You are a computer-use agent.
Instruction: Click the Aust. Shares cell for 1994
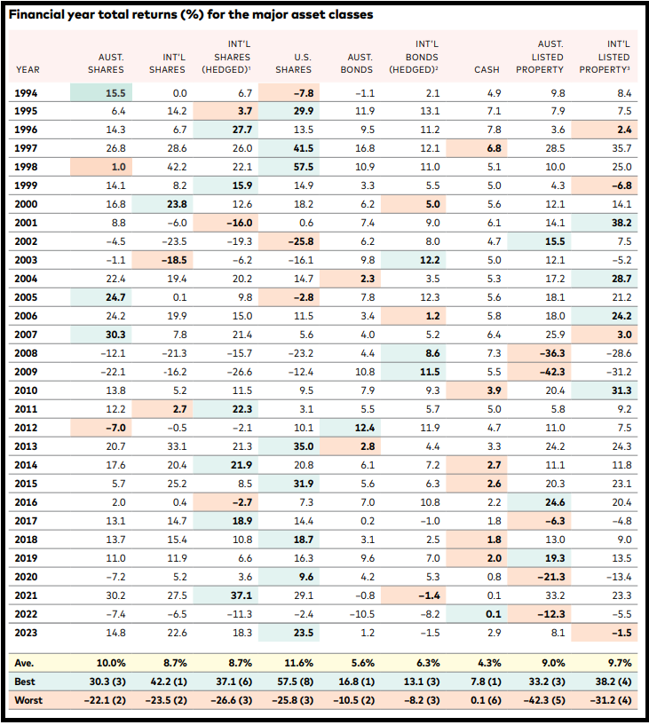[115, 93]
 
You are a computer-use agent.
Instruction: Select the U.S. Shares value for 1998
[304, 167]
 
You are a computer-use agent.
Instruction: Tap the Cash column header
[487, 70]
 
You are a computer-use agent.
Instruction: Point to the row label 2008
[26, 353]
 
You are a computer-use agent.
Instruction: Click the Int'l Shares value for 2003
[174, 260]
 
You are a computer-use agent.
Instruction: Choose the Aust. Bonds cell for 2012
[365, 428]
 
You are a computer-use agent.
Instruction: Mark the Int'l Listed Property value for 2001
[621, 223]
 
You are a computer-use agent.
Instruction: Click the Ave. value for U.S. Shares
[298, 663]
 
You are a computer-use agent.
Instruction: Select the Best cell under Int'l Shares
[168, 682]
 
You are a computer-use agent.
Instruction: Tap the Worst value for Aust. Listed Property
[544, 700]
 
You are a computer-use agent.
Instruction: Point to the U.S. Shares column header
[294, 63]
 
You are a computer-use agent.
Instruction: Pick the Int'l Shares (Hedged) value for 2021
[241, 595]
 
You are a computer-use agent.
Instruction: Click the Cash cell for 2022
[494, 614]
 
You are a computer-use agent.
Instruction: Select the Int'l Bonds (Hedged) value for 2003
[430, 260]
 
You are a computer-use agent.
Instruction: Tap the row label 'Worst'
[28, 700]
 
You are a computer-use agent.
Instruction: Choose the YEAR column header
[28, 70]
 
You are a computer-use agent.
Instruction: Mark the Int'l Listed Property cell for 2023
[621, 633]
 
